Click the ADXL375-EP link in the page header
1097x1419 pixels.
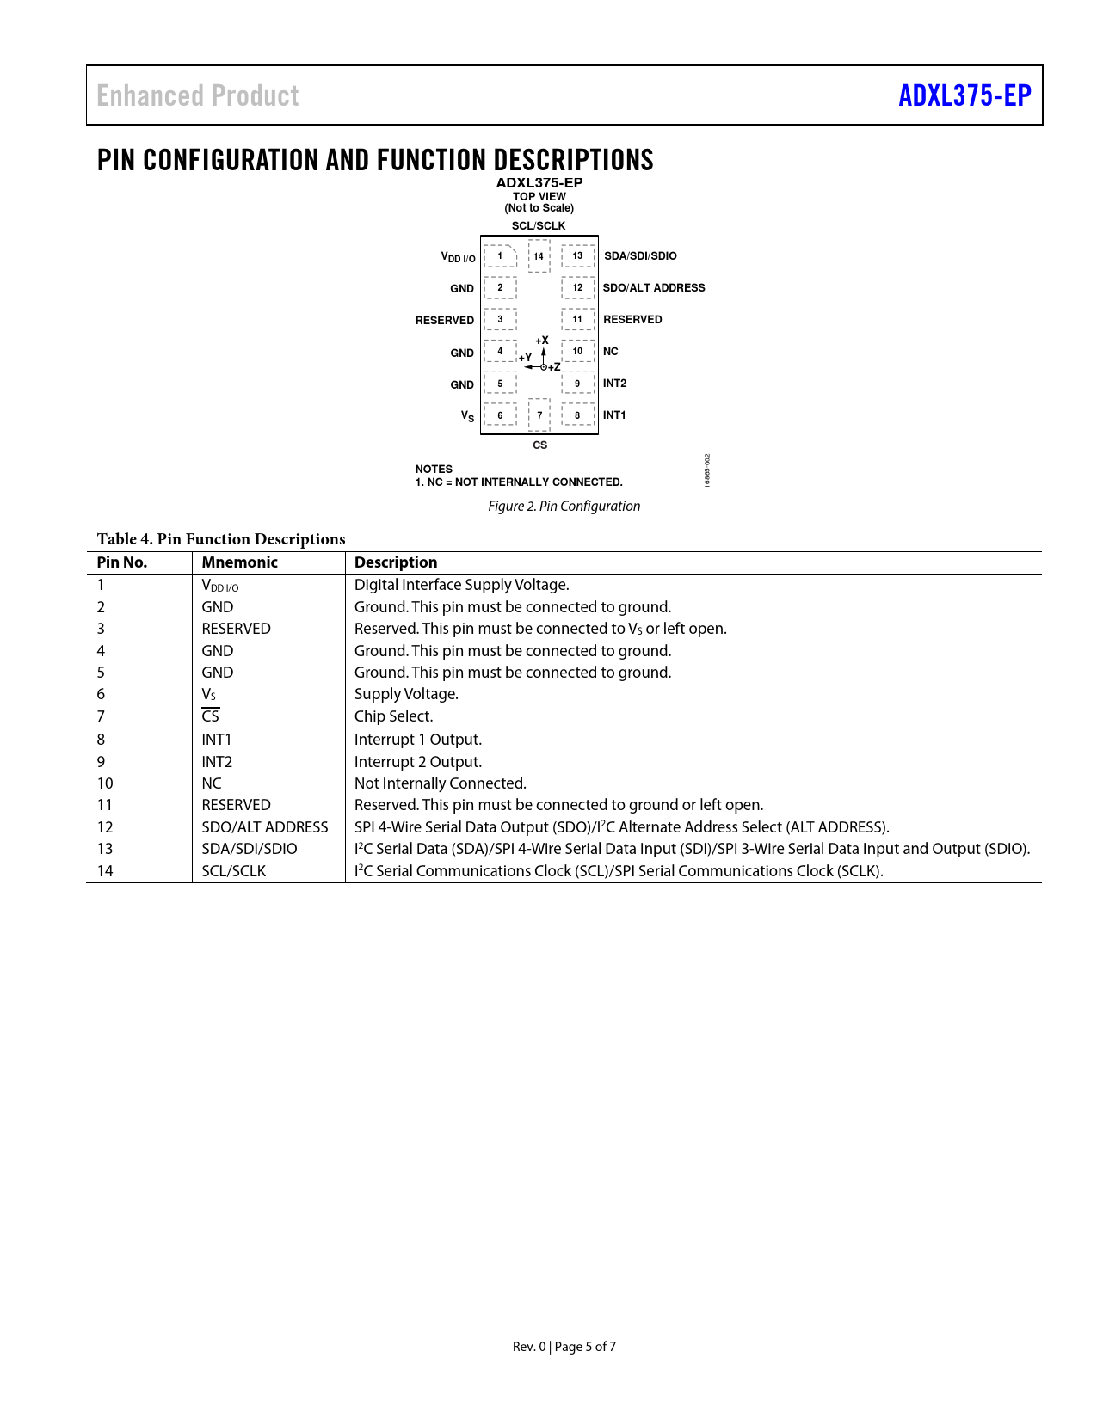pyautogui.click(x=964, y=95)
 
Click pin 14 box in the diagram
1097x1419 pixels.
pyautogui.click(x=539, y=255)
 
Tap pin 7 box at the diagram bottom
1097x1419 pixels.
pyautogui.click(x=539, y=415)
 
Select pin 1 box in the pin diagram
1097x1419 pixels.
pyautogui.click(x=500, y=255)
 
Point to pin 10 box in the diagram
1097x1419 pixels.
pyautogui.click(x=577, y=351)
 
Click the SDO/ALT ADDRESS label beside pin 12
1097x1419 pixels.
pyautogui.click(x=654, y=288)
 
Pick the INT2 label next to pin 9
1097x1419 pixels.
pyautogui.click(x=614, y=384)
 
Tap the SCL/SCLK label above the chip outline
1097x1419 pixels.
pyautogui.click(x=539, y=226)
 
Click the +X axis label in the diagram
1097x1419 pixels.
pyautogui.click(x=542, y=341)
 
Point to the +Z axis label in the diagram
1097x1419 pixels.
pyautogui.click(x=555, y=367)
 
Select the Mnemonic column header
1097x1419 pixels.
pyautogui.click(x=240, y=562)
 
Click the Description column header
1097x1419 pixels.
pyautogui.click(x=396, y=562)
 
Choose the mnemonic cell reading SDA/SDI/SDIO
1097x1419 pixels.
pyautogui.click(x=250, y=849)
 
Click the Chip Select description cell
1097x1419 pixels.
pyautogui.click(x=394, y=716)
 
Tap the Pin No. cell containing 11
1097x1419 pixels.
pyautogui.click(x=105, y=805)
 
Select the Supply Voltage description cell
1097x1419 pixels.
pyautogui.click(x=406, y=694)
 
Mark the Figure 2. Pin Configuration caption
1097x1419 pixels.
pyautogui.click(x=564, y=507)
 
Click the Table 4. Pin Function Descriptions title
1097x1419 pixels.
pyautogui.click(x=221, y=539)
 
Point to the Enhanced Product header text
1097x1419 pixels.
pyautogui.click(x=198, y=95)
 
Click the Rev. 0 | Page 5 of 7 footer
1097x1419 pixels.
pyautogui.click(x=564, y=1347)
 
